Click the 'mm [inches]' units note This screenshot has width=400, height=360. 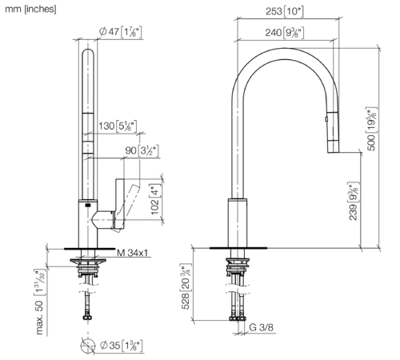pyautogui.click(x=30, y=9)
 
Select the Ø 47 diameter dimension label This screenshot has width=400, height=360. pyautogui.click(x=121, y=32)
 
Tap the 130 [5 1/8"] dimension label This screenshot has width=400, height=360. pyautogui.click(x=118, y=126)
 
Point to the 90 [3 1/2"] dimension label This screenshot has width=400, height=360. pyautogui.click(x=142, y=150)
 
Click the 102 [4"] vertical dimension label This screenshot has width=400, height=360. pyautogui.click(x=155, y=199)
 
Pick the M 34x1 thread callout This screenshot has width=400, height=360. pyautogui.click(x=132, y=253)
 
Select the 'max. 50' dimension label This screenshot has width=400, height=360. pyautogui.click(x=39, y=302)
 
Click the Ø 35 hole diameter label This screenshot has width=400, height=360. pyautogui.click(x=122, y=346)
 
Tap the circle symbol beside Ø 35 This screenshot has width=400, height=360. pyautogui.click(x=88, y=346)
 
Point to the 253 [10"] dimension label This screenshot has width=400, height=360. pyautogui.click(x=285, y=11)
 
